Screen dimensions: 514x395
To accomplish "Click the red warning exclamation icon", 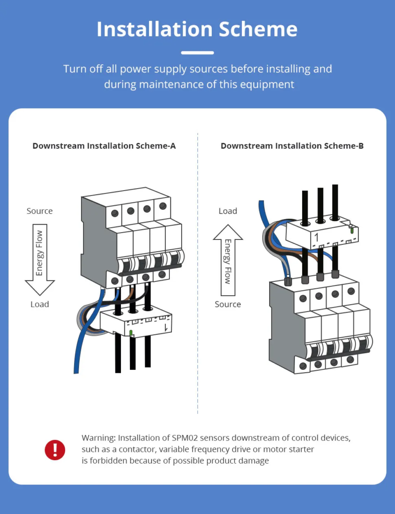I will (x=55, y=450).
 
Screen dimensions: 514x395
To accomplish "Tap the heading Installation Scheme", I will (x=197, y=29).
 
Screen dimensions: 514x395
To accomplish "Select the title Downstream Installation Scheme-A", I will (x=104, y=146).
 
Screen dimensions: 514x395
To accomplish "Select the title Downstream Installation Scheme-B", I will (x=292, y=146).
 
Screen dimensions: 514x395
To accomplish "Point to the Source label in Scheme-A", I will (x=39, y=211).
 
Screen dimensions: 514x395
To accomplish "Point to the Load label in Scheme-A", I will (x=39, y=304).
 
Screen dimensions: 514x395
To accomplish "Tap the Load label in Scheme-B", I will (x=228, y=211).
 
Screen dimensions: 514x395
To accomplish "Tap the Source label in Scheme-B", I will (x=228, y=304).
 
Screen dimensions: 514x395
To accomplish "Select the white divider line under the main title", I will (x=197, y=52).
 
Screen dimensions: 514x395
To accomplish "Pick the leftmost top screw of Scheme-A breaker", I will (x=115, y=213).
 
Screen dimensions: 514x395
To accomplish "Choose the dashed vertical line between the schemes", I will (x=197, y=272).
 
